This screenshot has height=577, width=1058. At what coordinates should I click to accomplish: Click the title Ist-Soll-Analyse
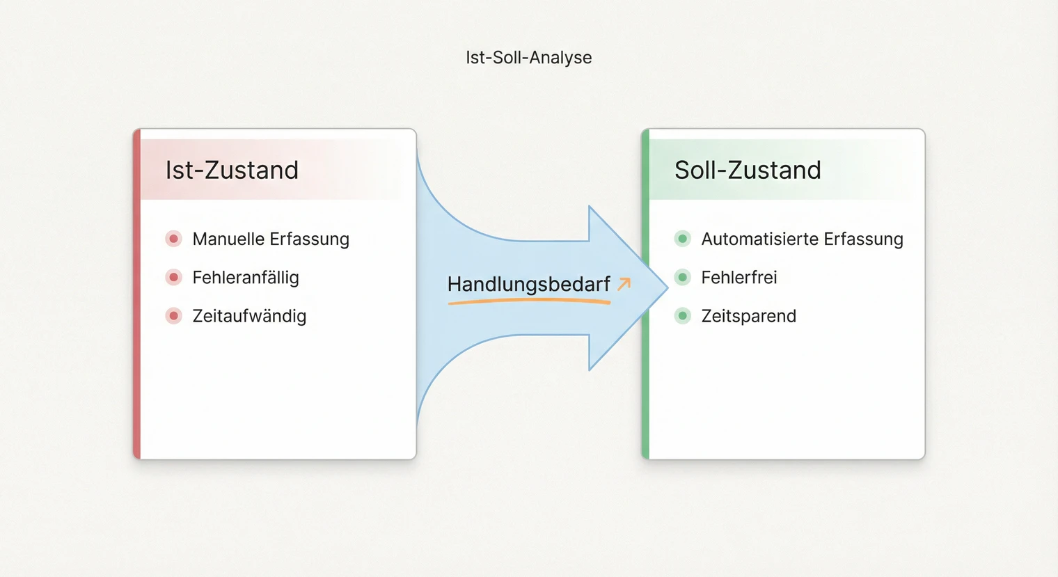(528, 57)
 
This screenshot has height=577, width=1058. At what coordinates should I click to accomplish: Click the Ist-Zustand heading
(232, 170)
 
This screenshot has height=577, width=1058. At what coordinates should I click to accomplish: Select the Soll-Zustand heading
(748, 170)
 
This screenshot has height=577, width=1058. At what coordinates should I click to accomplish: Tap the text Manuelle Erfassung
(271, 239)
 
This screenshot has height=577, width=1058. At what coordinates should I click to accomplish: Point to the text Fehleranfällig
(246, 277)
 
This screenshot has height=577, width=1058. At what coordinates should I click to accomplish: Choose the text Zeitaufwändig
(249, 316)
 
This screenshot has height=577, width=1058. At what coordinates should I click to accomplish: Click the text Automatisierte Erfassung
(802, 239)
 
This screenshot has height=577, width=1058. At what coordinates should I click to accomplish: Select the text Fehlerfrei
(739, 277)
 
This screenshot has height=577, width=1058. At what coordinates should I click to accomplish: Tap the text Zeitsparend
(748, 316)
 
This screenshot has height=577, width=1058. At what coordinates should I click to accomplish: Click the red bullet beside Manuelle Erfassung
(174, 239)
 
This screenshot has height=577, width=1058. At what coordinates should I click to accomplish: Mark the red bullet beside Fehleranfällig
(174, 277)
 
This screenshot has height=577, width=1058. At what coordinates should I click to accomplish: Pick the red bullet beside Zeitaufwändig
(174, 316)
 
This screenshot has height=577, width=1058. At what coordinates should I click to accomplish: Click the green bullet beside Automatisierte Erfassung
(683, 239)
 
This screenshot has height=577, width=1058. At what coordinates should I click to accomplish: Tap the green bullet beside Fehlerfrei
(683, 277)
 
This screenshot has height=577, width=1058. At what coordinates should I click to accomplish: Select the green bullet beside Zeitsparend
(683, 316)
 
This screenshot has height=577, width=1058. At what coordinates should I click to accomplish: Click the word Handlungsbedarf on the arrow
(528, 284)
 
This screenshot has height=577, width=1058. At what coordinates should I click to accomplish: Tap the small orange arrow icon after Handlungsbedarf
(624, 283)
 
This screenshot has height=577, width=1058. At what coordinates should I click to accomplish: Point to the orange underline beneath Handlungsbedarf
(529, 301)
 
